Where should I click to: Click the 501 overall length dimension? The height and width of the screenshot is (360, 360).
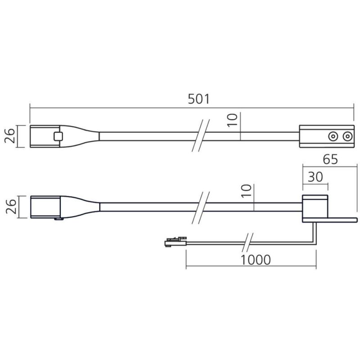[x=198, y=99]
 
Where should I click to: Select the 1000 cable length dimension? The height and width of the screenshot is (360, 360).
[x=256, y=260]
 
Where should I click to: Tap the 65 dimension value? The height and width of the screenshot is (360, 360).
[x=330, y=159]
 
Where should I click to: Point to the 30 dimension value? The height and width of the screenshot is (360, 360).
[x=315, y=177]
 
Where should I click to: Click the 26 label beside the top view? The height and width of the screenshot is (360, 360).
[x=10, y=136]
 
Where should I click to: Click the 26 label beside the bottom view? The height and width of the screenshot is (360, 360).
[x=11, y=207]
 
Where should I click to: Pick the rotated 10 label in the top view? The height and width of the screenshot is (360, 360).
[x=232, y=120]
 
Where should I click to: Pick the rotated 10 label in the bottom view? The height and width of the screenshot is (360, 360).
[x=246, y=191]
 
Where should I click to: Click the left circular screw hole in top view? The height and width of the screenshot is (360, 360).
[x=333, y=137]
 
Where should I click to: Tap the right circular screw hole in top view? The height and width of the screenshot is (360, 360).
[x=347, y=137]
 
